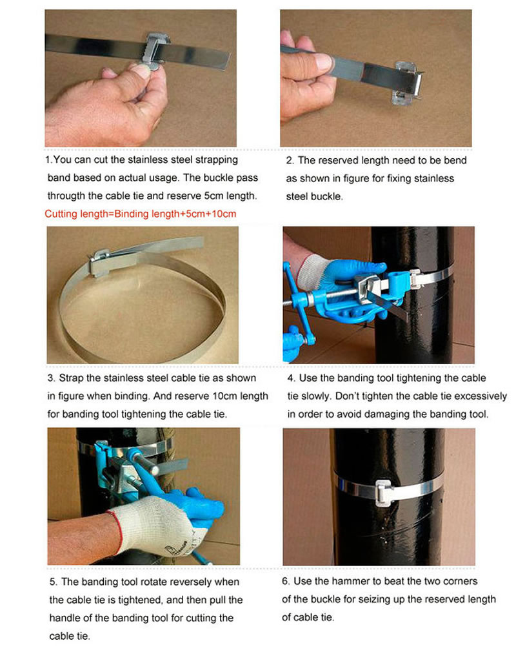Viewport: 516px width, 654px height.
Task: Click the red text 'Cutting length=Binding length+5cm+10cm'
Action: click(x=141, y=214)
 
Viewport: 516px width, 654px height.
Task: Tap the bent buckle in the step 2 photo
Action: click(x=406, y=82)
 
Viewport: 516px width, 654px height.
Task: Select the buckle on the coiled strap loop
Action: click(x=101, y=262)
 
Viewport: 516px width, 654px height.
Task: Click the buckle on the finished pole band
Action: click(x=384, y=493)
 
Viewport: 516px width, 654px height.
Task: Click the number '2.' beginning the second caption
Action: click(x=290, y=161)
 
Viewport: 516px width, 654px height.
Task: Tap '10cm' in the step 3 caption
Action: click(x=224, y=396)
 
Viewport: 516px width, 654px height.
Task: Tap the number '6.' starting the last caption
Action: click(x=286, y=581)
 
